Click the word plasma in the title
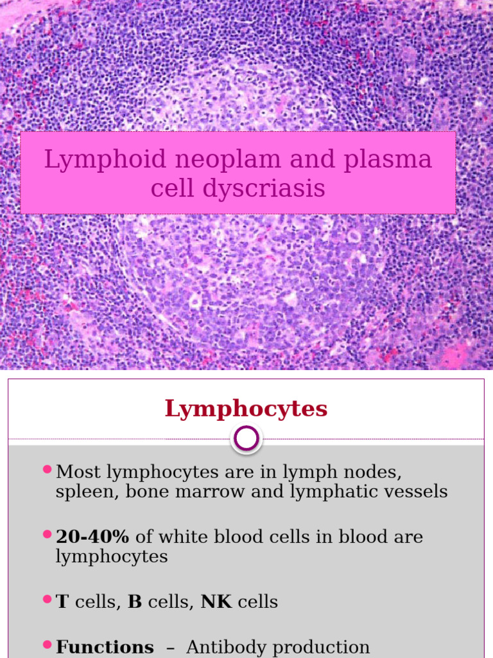[x=388, y=160]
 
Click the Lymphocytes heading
[x=246, y=409]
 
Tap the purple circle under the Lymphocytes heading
[x=247, y=439]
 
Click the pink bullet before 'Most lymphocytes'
[x=47, y=470]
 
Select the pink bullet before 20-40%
[x=47, y=534]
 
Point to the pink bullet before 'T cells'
[x=47, y=599]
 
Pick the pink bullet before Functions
[x=47, y=644]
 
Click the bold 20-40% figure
[x=92, y=537]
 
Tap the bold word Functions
[x=105, y=647]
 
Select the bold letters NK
[x=216, y=602]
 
